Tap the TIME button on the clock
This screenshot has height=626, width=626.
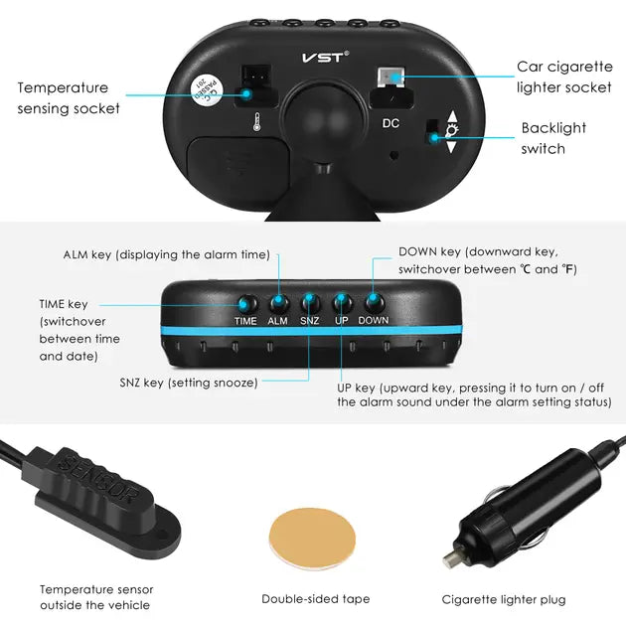tap(244, 303)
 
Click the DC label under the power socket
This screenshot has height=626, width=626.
tap(391, 123)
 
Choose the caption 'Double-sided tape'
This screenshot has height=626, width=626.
tap(315, 599)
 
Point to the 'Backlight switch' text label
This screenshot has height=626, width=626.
tap(553, 138)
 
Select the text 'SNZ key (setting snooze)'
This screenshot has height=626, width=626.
tap(188, 383)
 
